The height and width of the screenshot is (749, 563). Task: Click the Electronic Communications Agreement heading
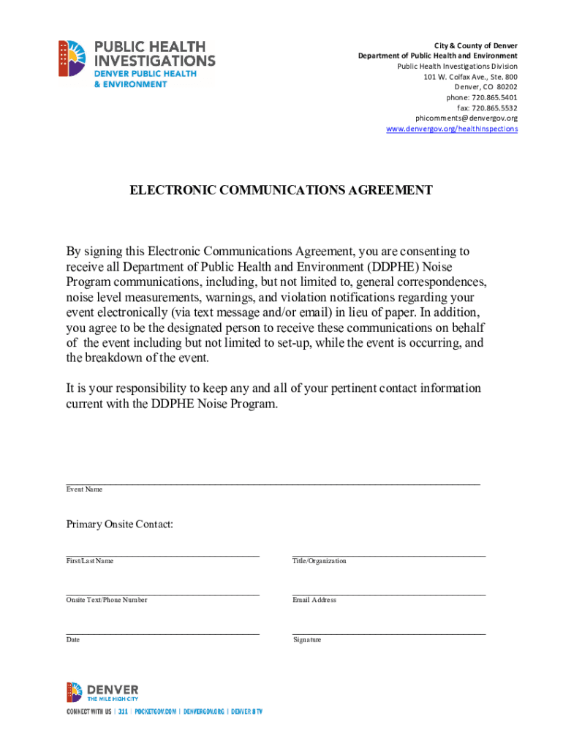281,190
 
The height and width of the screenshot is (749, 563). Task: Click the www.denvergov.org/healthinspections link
452,129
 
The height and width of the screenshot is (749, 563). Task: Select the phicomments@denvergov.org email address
466,118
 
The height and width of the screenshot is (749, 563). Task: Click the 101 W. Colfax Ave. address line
470,77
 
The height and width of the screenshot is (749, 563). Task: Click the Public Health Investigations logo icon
72,59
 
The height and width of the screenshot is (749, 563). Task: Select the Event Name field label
84,489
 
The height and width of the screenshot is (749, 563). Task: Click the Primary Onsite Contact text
120,524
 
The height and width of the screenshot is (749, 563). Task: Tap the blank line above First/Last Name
162,555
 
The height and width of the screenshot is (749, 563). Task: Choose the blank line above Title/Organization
389,555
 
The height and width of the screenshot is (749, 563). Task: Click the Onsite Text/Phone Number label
107,600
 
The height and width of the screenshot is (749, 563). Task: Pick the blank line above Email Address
389,594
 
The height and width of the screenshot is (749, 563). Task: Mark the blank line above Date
162,633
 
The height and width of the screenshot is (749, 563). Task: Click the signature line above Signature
389,633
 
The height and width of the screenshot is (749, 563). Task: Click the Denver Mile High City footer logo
102,692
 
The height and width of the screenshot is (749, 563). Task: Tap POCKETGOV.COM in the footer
156,711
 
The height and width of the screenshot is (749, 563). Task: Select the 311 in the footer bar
123,711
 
